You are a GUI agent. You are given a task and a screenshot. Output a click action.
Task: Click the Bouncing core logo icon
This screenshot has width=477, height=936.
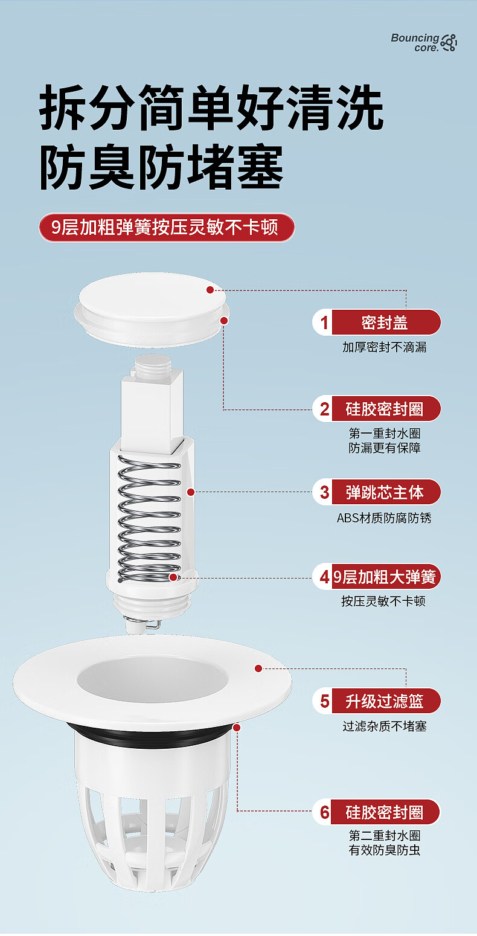[x=449, y=42]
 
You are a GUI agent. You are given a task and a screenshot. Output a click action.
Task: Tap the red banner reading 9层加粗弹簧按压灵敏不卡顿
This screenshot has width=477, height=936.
[x=167, y=228]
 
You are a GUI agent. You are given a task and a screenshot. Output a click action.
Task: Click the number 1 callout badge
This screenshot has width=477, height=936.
[x=324, y=322]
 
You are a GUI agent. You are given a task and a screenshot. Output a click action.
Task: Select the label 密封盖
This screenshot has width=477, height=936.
[x=385, y=322]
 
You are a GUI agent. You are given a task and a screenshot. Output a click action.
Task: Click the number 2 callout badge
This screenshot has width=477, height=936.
[x=324, y=409]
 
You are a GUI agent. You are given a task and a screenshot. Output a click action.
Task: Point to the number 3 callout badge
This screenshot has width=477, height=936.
[x=324, y=492]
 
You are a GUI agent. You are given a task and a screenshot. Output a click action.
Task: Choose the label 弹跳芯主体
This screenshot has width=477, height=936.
[x=385, y=492]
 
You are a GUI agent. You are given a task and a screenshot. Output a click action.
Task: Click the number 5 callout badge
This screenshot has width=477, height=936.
[x=324, y=701]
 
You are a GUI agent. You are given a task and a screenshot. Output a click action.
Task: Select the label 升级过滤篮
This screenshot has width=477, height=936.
[x=385, y=701]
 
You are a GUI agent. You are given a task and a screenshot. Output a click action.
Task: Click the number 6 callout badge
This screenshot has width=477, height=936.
[x=324, y=812]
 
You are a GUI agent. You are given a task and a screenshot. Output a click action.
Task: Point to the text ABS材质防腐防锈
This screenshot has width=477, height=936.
[x=384, y=518]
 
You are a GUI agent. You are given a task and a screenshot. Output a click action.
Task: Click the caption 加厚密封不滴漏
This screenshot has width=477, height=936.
[x=384, y=347]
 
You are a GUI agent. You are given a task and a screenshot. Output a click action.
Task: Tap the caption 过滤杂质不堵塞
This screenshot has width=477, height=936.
[x=384, y=726]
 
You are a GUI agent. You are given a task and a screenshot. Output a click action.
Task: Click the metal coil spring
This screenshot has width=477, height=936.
[x=149, y=519]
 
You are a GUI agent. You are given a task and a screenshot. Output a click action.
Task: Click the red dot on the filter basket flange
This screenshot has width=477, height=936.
[x=258, y=668]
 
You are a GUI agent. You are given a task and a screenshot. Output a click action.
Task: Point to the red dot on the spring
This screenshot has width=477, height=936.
[x=173, y=577]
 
